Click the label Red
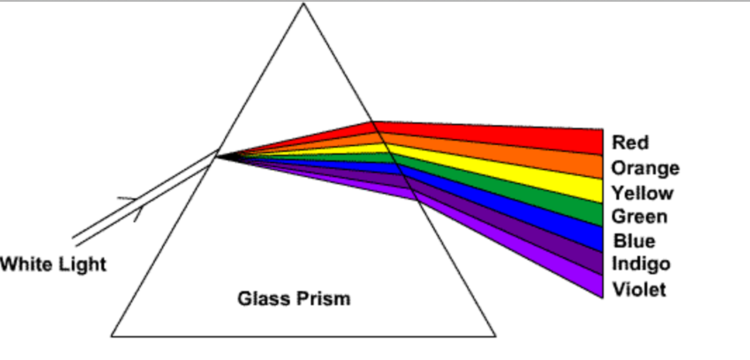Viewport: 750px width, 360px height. [x=630, y=143]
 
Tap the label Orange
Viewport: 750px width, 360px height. [x=645, y=169]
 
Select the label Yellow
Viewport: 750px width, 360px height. [x=642, y=193]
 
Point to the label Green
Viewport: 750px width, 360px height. [x=639, y=217]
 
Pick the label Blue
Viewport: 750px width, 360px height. [x=634, y=241]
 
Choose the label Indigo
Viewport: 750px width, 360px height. [x=640, y=264]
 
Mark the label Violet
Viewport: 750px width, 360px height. [x=639, y=289]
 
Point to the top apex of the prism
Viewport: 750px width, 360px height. [x=303, y=4]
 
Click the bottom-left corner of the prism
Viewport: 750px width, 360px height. [x=112, y=336]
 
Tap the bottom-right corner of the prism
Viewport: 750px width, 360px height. [x=495, y=336]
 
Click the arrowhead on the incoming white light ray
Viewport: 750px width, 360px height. [x=135, y=208]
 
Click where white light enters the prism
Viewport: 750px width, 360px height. [x=216, y=156]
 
